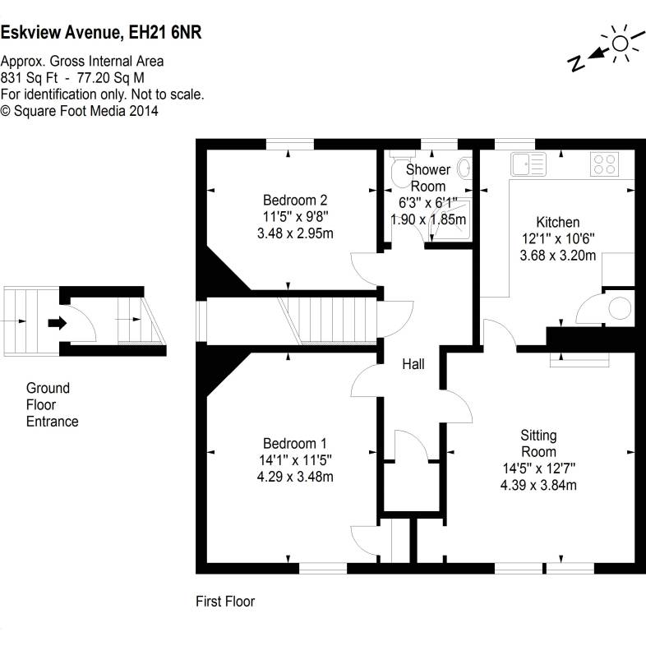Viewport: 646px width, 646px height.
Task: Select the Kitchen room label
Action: [x=557, y=222]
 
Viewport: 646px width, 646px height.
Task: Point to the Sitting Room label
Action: [x=538, y=443]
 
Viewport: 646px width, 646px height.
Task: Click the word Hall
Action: [x=413, y=363]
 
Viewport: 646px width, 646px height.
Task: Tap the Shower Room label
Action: [x=428, y=178]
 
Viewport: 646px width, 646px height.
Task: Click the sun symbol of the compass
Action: [x=619, y=44]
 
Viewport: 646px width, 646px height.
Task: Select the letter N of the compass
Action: [x=578, y=62]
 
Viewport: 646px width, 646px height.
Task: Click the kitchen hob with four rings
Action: [x=604, y=164]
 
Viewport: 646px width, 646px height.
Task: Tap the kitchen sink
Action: [x=527, y=164]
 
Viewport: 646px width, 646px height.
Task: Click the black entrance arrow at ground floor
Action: [x=57, y=323]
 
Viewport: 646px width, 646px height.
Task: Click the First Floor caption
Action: [x=225, y=602]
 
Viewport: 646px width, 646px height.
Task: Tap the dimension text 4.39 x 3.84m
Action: [x=538, y=485]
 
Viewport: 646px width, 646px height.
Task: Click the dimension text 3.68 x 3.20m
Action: [x=557, y=256]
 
